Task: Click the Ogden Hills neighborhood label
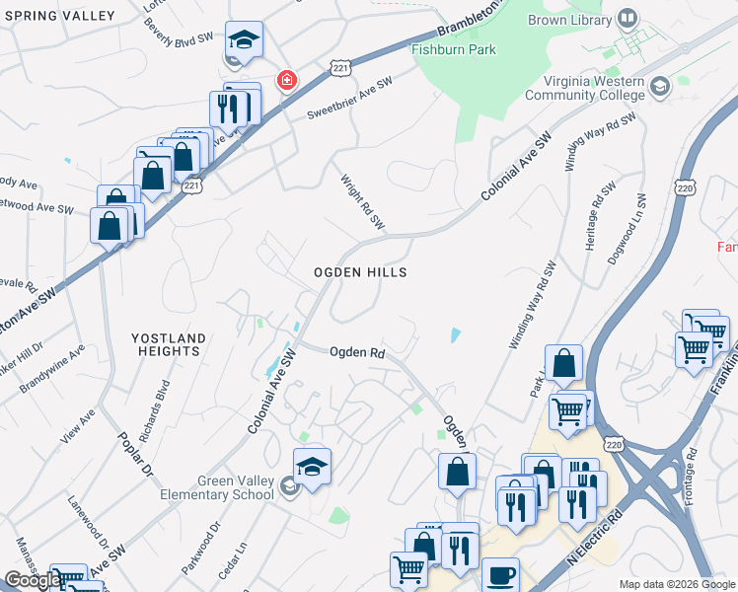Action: click(x=360, y=271)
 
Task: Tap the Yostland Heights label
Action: click(x=170, y=344)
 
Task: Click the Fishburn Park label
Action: click(x=455, y=49)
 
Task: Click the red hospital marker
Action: click(x=287, y=79)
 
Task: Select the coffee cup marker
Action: click(x=500, y=575)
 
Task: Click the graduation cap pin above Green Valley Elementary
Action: click(x=312, y=466)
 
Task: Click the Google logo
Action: click(x=33, y=580)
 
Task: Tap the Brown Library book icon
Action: click(x=627, y=18)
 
